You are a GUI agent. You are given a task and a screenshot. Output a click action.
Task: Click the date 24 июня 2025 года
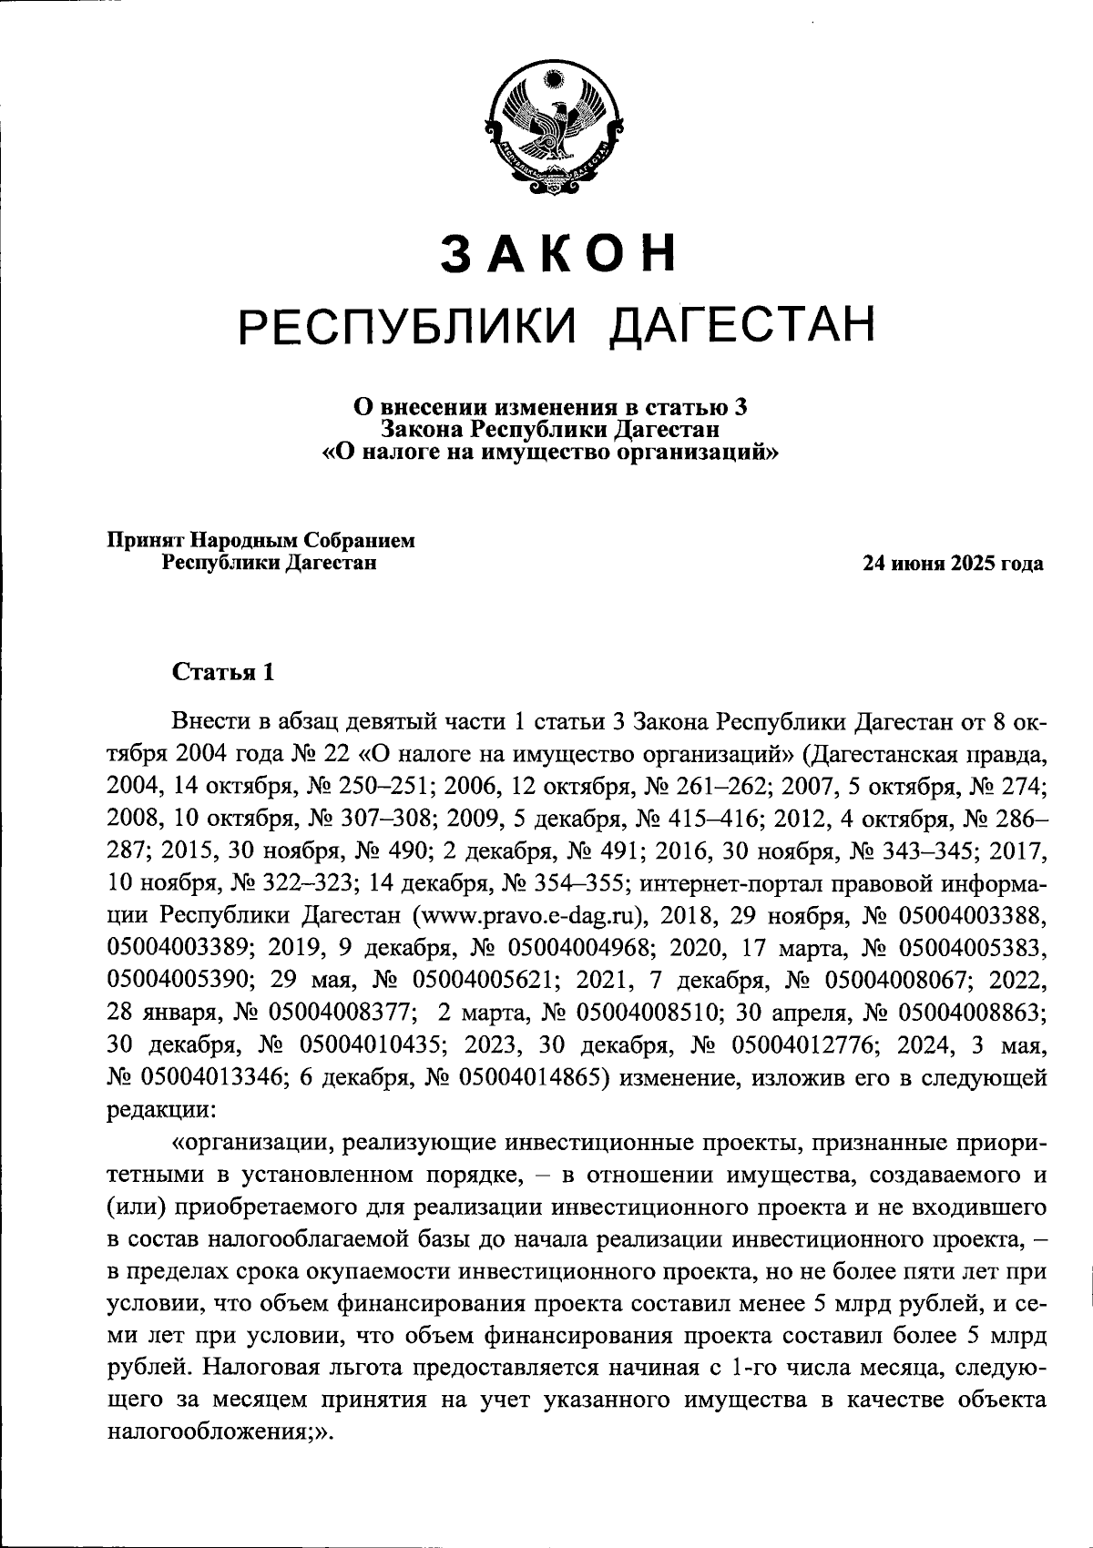[953, 564]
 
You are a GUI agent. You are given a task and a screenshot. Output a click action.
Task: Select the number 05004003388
[966, 913]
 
